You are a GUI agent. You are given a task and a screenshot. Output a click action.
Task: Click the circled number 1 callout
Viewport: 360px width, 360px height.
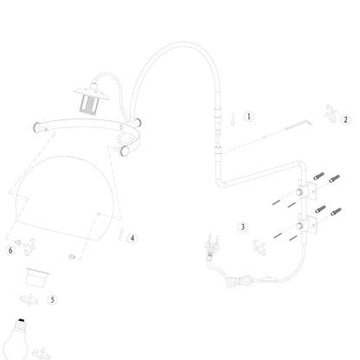pyautogui.click(x=249, y=117)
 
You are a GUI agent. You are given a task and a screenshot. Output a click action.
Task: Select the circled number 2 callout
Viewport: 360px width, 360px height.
pyautogui.click(x=345, y=119)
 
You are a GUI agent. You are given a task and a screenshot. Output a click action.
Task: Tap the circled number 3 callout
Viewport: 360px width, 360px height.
pyautogui.click(x=242, y=227)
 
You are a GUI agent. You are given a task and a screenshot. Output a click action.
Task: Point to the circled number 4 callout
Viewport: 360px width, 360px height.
pyautogui.click(x=132, y=238)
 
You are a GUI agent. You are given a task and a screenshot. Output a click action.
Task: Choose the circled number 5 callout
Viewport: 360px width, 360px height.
pyautogui.click(x=52, y=299)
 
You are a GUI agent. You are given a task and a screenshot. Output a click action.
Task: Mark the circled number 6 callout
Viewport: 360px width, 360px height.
pyautogui.click(x=10, y=250)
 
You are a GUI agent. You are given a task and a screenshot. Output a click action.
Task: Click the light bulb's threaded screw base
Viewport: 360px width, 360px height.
pyautogui.click(x=21, y=325)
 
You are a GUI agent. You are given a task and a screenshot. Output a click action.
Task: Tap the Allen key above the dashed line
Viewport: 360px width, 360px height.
pyautogui.click(x=299, y=125)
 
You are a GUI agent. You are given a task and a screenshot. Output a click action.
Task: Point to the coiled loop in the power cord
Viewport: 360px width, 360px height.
pyautogui.click(x=239, y=280)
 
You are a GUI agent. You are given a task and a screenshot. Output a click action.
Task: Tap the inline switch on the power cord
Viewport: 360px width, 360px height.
pyautogui.click(x=269, y=280)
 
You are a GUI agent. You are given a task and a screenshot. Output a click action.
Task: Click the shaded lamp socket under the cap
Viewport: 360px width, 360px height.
pyautogui.click(x=88, y=104)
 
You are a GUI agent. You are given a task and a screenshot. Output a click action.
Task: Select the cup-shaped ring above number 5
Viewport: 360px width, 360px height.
pyautogui.click(x=37, y=277)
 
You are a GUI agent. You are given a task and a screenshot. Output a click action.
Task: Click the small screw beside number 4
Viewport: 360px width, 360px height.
pyautogui.click(x=121, y=234)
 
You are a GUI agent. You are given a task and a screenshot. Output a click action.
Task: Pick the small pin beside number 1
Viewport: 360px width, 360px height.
pyautogui.click(x=233, y=119)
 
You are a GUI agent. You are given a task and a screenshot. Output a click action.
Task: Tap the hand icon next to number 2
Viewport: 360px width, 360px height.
pyautogui.click(x=330, y=113)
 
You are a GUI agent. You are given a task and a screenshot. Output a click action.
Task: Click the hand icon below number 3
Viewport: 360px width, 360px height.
pyautogui.click(x=260, y=247)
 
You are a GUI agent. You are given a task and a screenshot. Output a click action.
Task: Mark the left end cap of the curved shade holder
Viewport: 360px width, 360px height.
pyautogui.click(x=37, y=127)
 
